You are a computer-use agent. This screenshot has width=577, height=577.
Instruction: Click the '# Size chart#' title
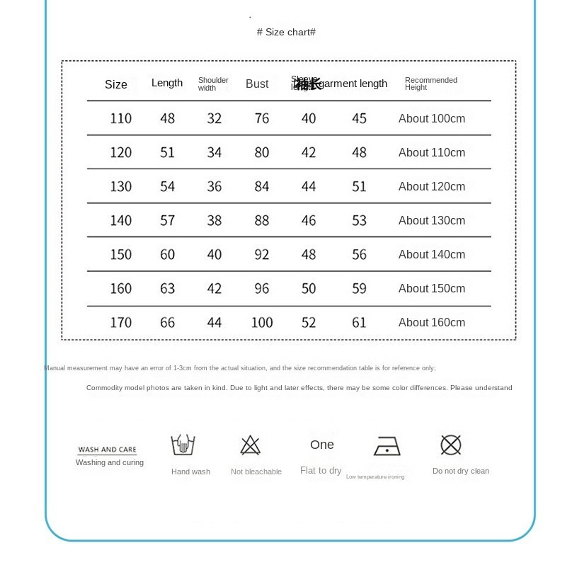pyautogui.click(x=286, y=33)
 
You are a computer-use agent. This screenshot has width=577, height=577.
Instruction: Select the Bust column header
pyautogui.click(x=257, y=84)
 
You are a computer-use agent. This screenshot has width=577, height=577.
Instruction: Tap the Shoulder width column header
pyautogui.click(x=213, y=84)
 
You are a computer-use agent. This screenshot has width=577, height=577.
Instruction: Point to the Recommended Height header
pyautogui.click(x=430, y=84)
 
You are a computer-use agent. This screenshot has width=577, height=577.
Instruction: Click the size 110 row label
pyautogui.click(x=120, y=118)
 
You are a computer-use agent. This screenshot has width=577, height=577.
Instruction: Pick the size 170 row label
pyautogui.click(x=120, y=322)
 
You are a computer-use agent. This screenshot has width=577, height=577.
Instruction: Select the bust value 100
pyautogui.click(x=262, y=322)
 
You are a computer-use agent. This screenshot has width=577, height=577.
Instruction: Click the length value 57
pyautogui.click(x=167, y=220)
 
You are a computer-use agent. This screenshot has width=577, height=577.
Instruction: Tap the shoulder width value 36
pyautogui.click(x=215, y=186)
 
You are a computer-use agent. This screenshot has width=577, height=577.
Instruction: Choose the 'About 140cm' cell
pyautogui.click(x=432, y=254)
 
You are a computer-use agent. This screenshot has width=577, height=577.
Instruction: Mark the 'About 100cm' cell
pyautogui.click(x=432, y=118)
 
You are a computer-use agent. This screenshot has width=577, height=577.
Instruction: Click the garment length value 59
pyautogui.click(x=359, y=288)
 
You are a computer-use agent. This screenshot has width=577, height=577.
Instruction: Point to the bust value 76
pyautogui.click(x=262, y=118)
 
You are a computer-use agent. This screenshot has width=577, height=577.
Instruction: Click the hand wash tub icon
pyautogui.click(x=183, y=445)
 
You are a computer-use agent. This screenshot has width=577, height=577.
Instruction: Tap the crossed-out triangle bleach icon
pyautogui.click(x=250, y=445)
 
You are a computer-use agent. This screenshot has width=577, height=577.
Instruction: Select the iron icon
pyautogui.click(x=387, y=447)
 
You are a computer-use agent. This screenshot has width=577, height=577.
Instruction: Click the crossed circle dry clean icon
pyautogui.click(x=451, y=445)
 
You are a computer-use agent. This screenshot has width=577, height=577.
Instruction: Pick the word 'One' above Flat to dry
pyautogui.click(x=321, y=445)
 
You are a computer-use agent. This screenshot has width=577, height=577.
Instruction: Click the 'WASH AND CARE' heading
pyautogui.click(x=107, y=450)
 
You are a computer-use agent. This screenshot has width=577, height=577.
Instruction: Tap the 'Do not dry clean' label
pyautogui.click(x=461, y=471)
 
